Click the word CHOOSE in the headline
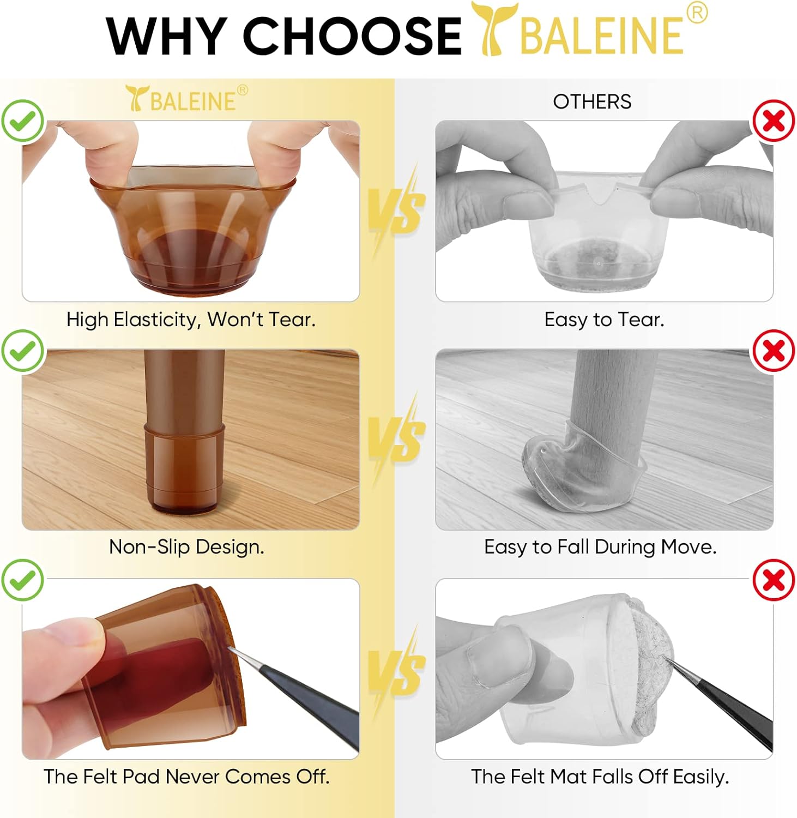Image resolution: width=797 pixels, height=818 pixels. coord(352,36)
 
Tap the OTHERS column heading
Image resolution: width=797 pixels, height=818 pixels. coord(592,101)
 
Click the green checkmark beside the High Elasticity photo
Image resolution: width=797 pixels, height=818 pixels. coord(22,121)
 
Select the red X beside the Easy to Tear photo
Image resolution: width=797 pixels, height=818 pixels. coord(774,121)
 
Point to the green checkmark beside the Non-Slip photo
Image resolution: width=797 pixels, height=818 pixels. coord(22,350)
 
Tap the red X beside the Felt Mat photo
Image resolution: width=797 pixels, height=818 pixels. coord(774,580)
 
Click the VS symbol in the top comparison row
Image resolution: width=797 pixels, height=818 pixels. coord(396,210)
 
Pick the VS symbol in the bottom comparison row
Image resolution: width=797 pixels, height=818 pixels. coord(396,671)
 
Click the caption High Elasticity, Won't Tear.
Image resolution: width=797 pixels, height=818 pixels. coord(191,319)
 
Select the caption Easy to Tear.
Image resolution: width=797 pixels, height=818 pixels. coord(604,319)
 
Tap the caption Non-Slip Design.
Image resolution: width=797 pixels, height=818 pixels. coord(186,546)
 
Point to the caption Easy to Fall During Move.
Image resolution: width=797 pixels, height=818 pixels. coord(600,546)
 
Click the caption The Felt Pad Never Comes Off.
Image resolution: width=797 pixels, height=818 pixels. coord(186,776)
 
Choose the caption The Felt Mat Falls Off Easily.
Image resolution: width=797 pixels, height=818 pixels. coord(600,776)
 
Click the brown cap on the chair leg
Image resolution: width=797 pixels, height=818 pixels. coord(184,469)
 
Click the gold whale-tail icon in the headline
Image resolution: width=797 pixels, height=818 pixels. coord(492,30)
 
